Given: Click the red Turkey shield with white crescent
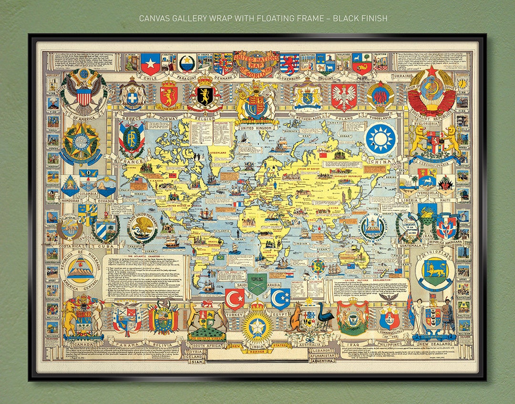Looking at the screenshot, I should (x=235, y=299).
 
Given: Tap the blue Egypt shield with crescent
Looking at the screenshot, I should (x=280, y=298).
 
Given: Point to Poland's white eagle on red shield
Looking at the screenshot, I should (x=344, y=97).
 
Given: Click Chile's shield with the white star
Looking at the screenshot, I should (x=150, y=64).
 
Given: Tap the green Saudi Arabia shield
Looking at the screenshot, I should (x=257, y=284).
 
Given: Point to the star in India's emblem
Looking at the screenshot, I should (x=257, y=326).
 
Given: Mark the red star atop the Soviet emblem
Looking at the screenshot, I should (x=432, y=71).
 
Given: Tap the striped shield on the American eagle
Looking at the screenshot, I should (x=84, y=97).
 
